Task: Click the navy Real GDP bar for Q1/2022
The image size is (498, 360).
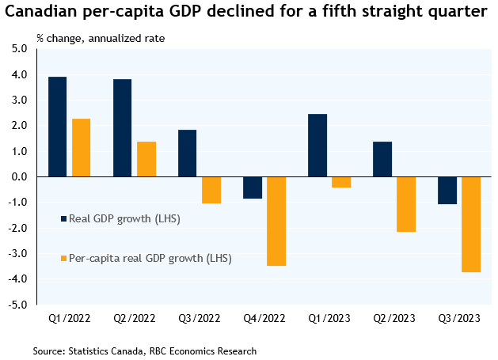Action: coord(57,127)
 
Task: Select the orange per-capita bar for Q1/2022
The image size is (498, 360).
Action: coord(82,148)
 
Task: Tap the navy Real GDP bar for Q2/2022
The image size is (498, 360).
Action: coord(122,128)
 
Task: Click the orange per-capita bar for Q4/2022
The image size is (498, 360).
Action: coord(276,222)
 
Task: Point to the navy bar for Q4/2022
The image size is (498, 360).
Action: coord(253,188)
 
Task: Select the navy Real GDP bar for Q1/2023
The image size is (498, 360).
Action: coord(317,146)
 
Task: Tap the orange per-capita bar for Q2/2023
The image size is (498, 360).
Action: coord(406,204)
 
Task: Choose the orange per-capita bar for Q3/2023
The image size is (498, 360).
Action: coord(471,225)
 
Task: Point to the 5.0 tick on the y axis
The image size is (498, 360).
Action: coord(20,49)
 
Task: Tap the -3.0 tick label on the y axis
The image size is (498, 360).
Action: coord(18,253)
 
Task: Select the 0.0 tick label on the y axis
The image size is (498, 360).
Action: coord(20,176)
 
